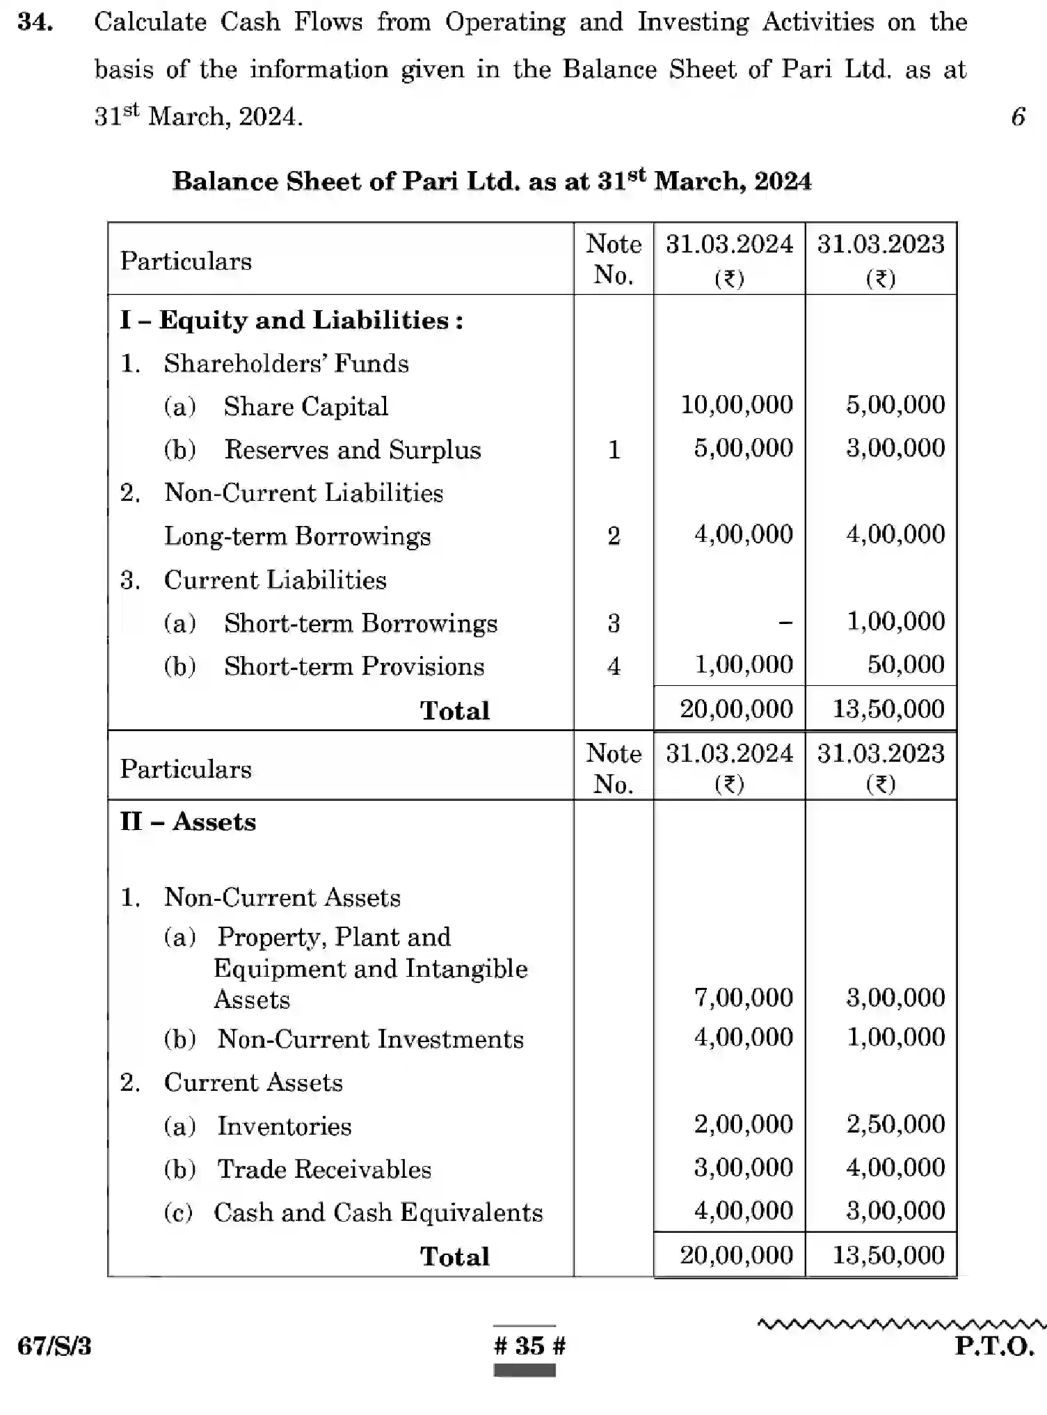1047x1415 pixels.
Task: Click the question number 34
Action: pyautogui.click(x=35, y=22)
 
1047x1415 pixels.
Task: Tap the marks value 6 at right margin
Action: pyautogui.click(x=1018, y=116)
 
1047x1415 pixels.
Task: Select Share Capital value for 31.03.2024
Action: pyautogui.click(x=736, y=405)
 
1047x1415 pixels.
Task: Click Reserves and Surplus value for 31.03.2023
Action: pyautogui.click(x=895, y=448)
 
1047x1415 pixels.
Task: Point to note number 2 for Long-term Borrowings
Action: pyautogui.click(x=613, y=536)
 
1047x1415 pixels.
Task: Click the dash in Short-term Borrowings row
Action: pyautogui.click(x=785, y=623)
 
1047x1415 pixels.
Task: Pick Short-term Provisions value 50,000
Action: pyautogui.click(x=905, y=665)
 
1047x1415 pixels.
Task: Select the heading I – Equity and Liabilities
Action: pyautogui.click(x=291, y=320)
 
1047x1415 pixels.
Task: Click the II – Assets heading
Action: pyautogui.click(x=188, y=822)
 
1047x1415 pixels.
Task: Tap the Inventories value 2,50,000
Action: pyautogui.click(x=895, y=1124)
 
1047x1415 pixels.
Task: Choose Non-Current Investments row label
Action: pyautogui.click(x=370, y=1039)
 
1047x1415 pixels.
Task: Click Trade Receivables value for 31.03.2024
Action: pyautogui.click(x=743, y=1167)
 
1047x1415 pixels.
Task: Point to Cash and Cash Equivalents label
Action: pyautogui.click(x=378, y=1213)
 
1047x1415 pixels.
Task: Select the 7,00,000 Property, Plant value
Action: pyautogui.click(x=743, y=998)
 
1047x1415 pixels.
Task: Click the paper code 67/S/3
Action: pyautogui.click(x=54, y=1346)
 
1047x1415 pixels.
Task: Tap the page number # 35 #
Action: pyautogui.click(x=529, y=1346)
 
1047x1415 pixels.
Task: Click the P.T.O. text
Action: pyautogui.click(x=994, y=1346)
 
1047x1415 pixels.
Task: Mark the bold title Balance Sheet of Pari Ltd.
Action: pyautogui.click(x=491, y=181)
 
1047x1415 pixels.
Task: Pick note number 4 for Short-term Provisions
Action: pyautogui.click(x=613, y=666)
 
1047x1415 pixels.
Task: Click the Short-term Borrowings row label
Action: pyautogui.click(x=360, y=623)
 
